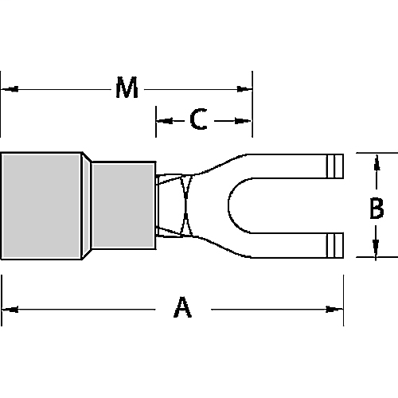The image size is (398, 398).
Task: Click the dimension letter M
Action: click(126, 89)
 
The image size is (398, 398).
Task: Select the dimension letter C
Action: click(199, 120)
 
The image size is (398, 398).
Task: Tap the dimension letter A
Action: click(182, 308)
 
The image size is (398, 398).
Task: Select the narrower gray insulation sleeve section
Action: click(124, 205)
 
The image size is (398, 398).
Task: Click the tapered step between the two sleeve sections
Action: click(88, 205)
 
